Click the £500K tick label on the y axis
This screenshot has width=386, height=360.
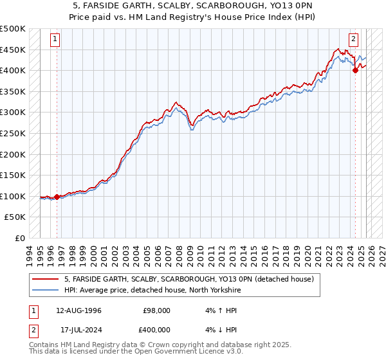pos(13,29)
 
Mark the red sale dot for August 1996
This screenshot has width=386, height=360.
pos(57,197)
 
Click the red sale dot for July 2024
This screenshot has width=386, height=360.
pos(355,71)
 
